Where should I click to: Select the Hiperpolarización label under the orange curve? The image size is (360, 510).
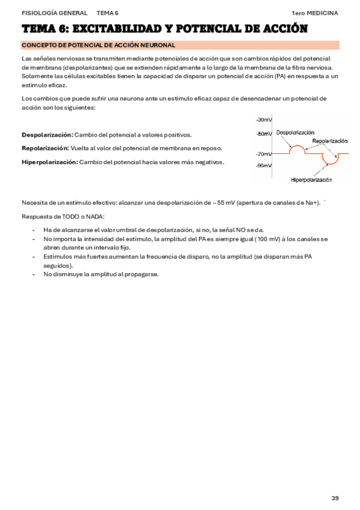pos(311,179)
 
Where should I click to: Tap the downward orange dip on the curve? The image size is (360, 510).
pos(330,161)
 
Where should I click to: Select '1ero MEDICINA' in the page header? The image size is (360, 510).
pos(314,13)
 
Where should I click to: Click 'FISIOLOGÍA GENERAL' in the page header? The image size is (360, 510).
pos(54,13)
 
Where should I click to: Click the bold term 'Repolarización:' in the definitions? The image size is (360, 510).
pos(45,148)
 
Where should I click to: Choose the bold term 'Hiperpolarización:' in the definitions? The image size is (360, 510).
pos(49,162)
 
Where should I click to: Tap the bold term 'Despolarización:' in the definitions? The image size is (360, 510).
pos(47,135)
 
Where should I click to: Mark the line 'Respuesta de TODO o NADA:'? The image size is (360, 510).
pos(63,216)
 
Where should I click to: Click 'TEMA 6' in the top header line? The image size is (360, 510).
pos(108,13)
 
